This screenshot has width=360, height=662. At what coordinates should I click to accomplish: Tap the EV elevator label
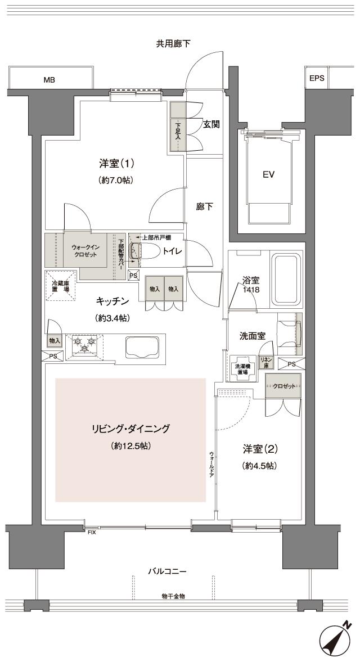[268, 174]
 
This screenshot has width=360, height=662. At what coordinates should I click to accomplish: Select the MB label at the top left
[49, 79]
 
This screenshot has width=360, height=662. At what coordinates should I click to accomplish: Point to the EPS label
[317, 79]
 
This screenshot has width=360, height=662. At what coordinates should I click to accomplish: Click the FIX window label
[91, 532]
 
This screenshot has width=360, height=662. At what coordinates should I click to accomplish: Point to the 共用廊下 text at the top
[173, 44]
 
